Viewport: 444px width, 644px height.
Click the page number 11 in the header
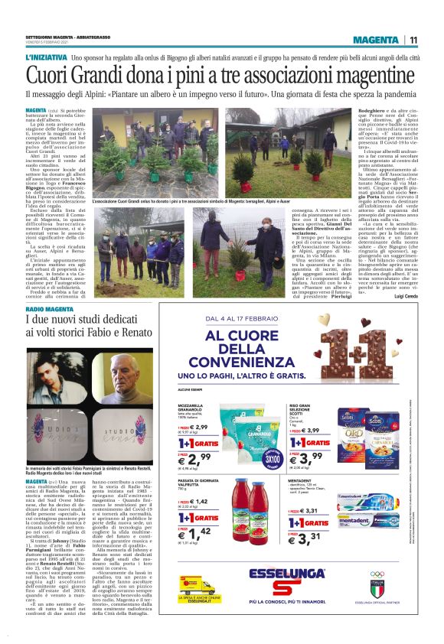tap(413, 41)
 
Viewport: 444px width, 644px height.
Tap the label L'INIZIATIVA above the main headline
tap(45, 58)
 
